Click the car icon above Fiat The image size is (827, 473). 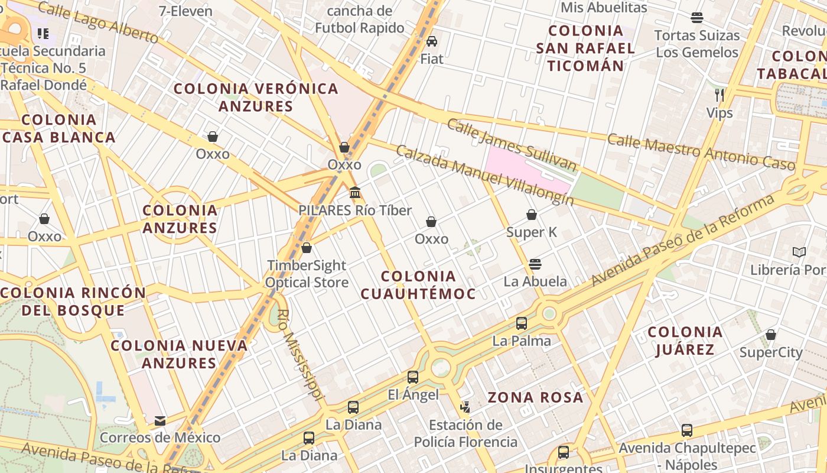[432, 41]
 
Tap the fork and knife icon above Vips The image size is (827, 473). [719, 95]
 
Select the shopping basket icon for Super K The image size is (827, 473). [532, 215]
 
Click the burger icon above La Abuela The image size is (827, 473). [535, 264]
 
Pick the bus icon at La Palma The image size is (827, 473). [522, 323]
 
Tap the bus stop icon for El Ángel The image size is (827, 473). [413, 377]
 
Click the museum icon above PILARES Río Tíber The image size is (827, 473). [355, 192]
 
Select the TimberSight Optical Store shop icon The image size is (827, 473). [306, 248]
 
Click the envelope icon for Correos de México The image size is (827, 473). [160, 420]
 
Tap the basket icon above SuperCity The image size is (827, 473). [771, 335]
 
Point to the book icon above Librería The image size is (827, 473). [799, 252]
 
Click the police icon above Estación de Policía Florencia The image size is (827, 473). [465, 407]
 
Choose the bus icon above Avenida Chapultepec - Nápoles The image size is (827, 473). [687, 430]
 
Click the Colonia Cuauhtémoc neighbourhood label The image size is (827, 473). [418, 284]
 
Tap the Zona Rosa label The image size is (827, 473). [536, 397]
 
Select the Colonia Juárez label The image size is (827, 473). [685, 341]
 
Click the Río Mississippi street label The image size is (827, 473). [301, 354]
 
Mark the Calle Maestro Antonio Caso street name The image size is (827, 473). [701, 151]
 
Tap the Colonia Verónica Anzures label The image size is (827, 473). [256, 98]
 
